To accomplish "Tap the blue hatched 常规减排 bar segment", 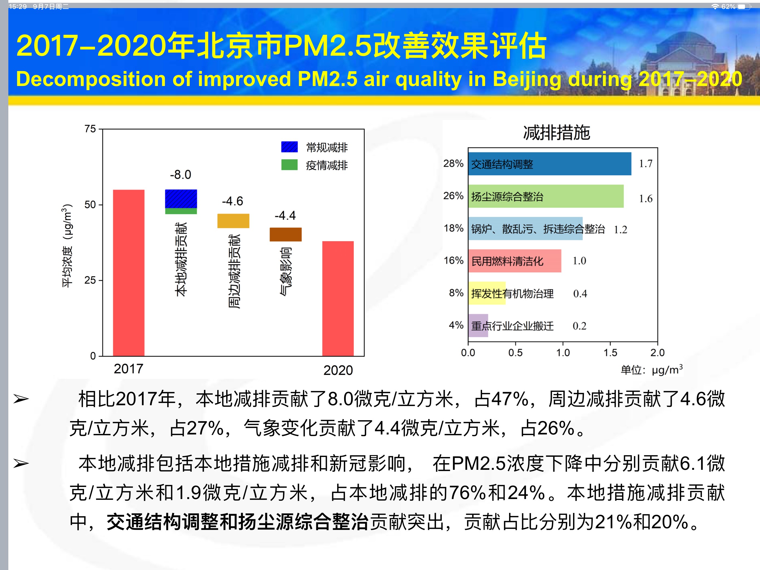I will pyautogui.click(x=181, y=199).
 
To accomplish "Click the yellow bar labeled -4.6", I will pyautogui.click(x=233, y=221).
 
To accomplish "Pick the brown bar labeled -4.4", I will pyautogui.click(x=285, y=234).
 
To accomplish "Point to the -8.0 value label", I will pyautogui.click(x=181, y=175).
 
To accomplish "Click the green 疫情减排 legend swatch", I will pyautogui.click(x=289, y=165).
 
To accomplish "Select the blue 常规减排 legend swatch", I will pyautogui.click(x=289, y=147).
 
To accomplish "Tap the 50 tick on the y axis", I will pyautogui.click(x=90, y=205).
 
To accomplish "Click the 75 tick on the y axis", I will pyautogui.click(x=90, y=129).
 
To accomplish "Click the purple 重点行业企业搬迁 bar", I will pyautogui.click(x=478, y=325).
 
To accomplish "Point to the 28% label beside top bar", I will pyautogui.click(x=453, y=164).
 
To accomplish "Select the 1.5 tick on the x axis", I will pyautogui.click(x=610, y=353).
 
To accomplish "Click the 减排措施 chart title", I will pyautogui.click(x=556, y=133).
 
